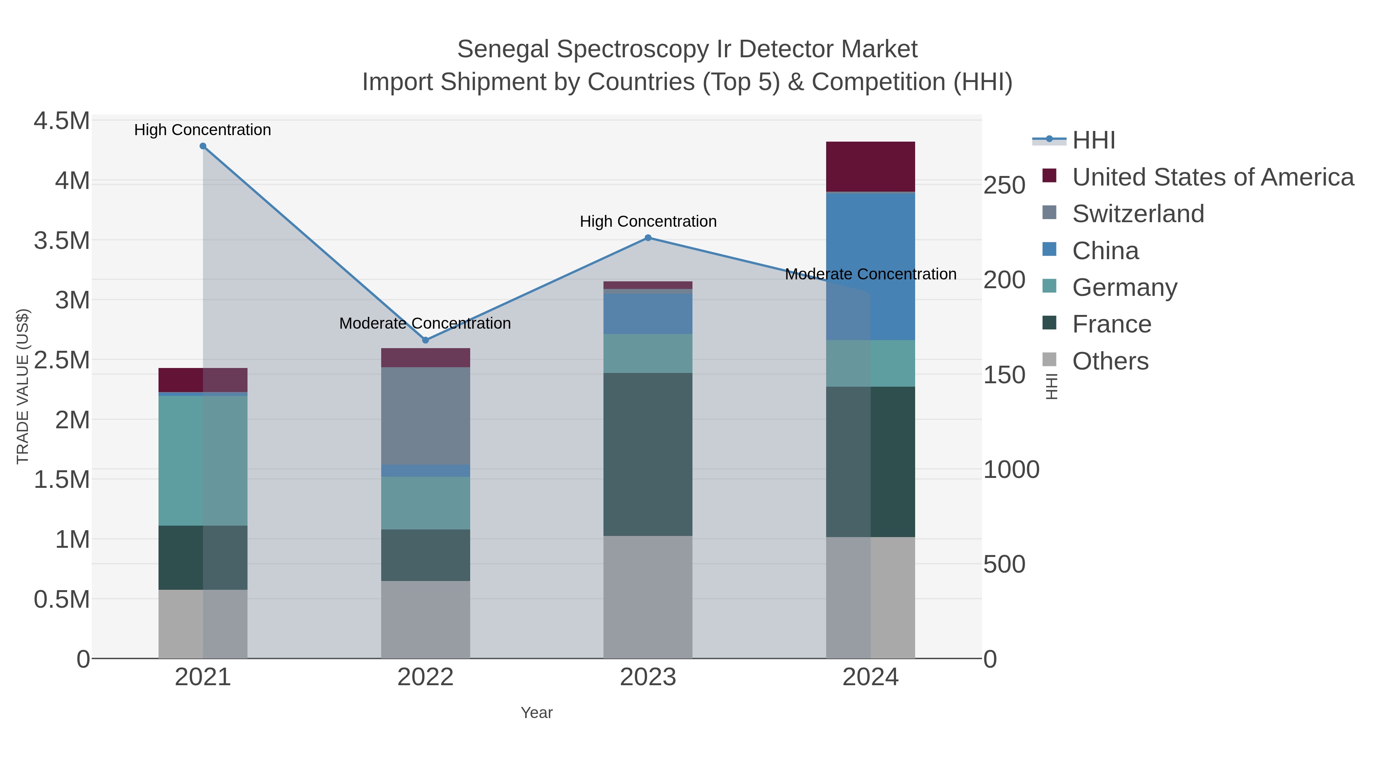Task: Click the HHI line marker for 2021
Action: [203, 146]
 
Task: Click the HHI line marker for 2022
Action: [425, 341]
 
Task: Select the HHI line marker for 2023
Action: [648, 238]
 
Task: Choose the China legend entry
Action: [1105, 251]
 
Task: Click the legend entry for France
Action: [1111, 324]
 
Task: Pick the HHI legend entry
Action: [1093, 140]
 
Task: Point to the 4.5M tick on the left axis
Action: [61, 121]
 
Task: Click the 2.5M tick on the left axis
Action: [61, 360]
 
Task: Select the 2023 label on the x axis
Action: [648, 678]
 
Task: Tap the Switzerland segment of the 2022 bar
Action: [425, 416]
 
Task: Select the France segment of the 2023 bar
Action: [648, 454]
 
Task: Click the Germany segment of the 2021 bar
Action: [203, 460]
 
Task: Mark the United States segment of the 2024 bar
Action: [870, 166]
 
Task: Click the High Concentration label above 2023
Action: [648, 221]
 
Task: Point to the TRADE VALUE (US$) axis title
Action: [23, 386]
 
